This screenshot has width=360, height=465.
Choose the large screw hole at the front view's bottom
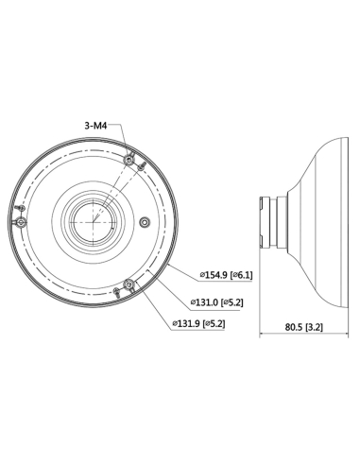pos(119,287)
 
